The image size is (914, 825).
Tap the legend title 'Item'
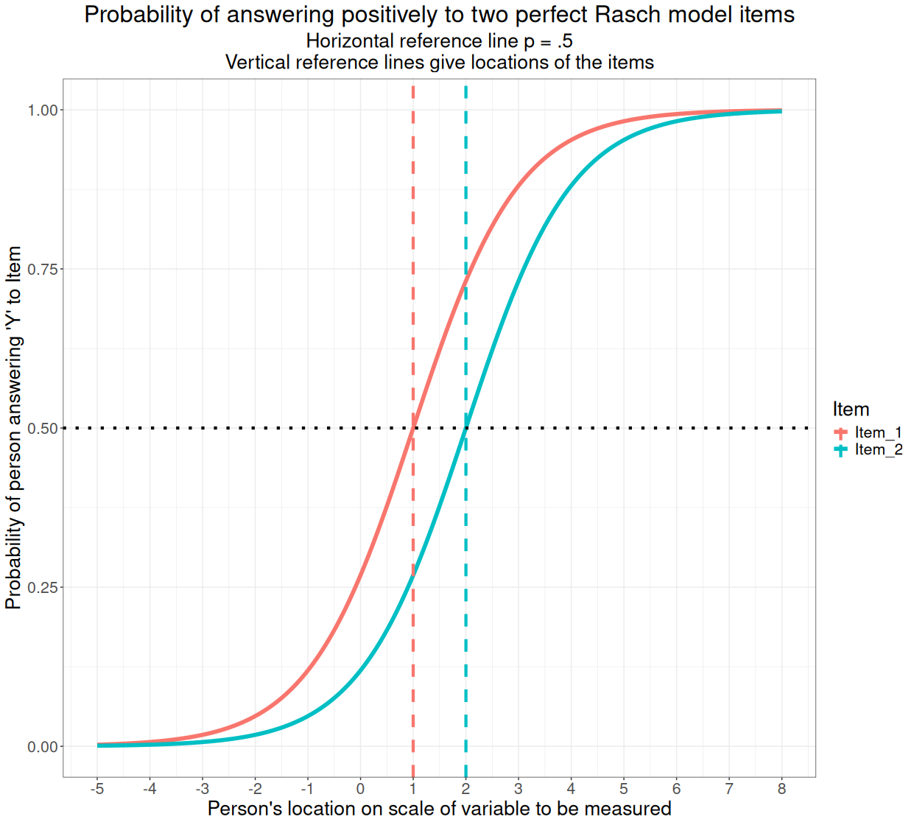(851, 410)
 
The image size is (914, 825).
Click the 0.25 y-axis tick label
(43, 588)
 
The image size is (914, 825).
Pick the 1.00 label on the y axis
(43, 110)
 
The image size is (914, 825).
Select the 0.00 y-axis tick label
(43, 747)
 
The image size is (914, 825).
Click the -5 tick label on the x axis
(96, 789)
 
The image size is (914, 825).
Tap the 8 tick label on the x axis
(781, 789)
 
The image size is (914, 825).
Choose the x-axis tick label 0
(360, 789)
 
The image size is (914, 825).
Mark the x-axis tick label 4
(571, 789)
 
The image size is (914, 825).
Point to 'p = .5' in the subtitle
(548, 41)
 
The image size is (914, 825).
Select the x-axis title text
(439, 809)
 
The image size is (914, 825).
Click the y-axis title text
(14, 428)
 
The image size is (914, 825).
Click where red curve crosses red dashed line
(413, 428)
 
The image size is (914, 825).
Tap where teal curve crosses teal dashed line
(465, 428)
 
